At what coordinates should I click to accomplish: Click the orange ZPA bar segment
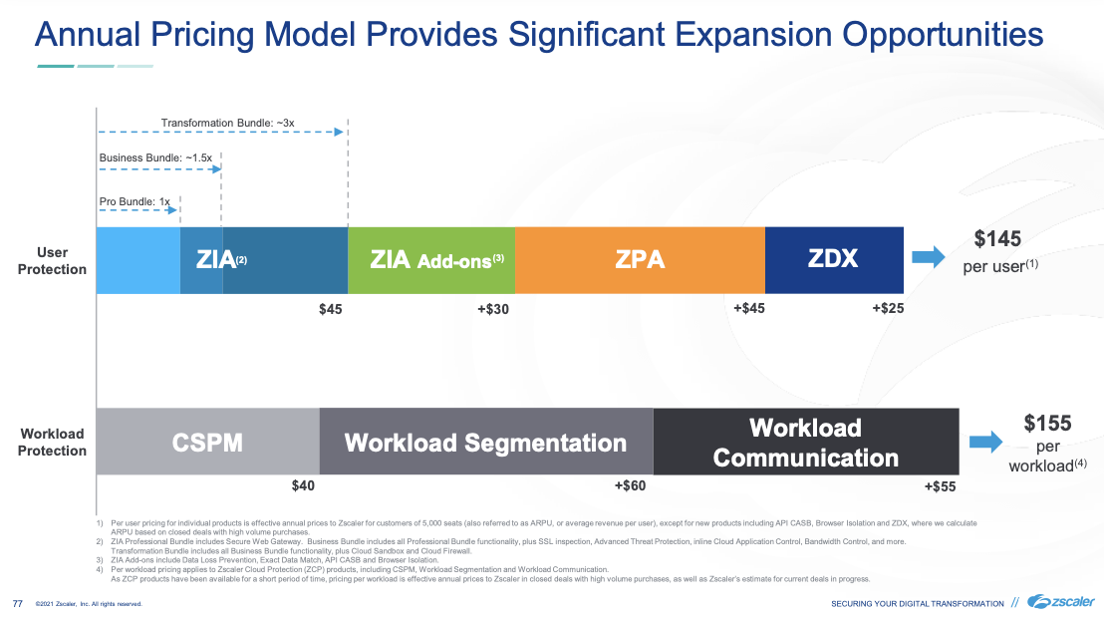point(640,260)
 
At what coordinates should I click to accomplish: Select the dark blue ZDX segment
point(833,260)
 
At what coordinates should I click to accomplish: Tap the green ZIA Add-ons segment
point(431,260)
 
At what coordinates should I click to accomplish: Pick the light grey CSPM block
point(207,442)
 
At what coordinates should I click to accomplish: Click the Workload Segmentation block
point(485,442)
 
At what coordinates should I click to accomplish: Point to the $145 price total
point(997,239)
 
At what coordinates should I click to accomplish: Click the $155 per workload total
point(1047,423)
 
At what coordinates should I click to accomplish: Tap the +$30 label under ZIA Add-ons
point(492,310)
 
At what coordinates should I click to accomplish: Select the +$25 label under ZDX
point(888,309)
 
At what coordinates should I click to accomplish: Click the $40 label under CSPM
point(303,485)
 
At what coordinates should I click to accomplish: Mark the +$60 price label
point(630,485)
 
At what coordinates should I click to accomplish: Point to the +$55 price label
point(940,486)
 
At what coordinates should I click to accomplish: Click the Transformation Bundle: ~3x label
point(227,123)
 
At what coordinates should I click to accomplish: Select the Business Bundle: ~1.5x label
point(154,158)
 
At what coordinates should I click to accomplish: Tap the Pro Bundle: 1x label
point(135,201)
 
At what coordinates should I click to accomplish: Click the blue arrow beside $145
point(929,258)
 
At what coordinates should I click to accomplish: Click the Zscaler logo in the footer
point(1060,601)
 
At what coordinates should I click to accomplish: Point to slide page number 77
point(17,603)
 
